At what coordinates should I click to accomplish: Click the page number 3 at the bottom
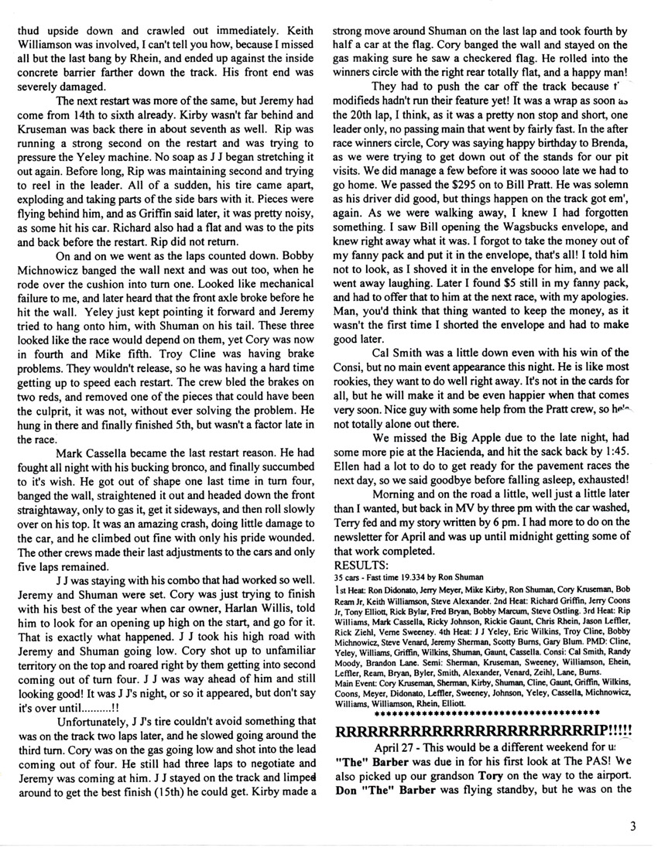click(x=632, y=826)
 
